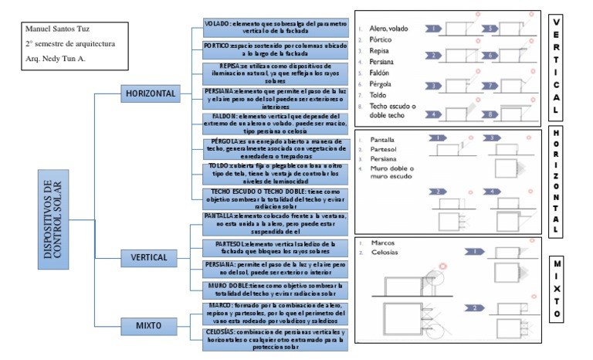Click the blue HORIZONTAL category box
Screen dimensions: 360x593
point(150,94)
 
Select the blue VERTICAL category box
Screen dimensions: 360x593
point(150,256)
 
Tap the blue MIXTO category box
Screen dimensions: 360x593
point(150,325)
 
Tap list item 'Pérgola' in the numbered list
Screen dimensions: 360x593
point(384,83)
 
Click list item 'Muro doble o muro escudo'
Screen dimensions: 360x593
point(393,173)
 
